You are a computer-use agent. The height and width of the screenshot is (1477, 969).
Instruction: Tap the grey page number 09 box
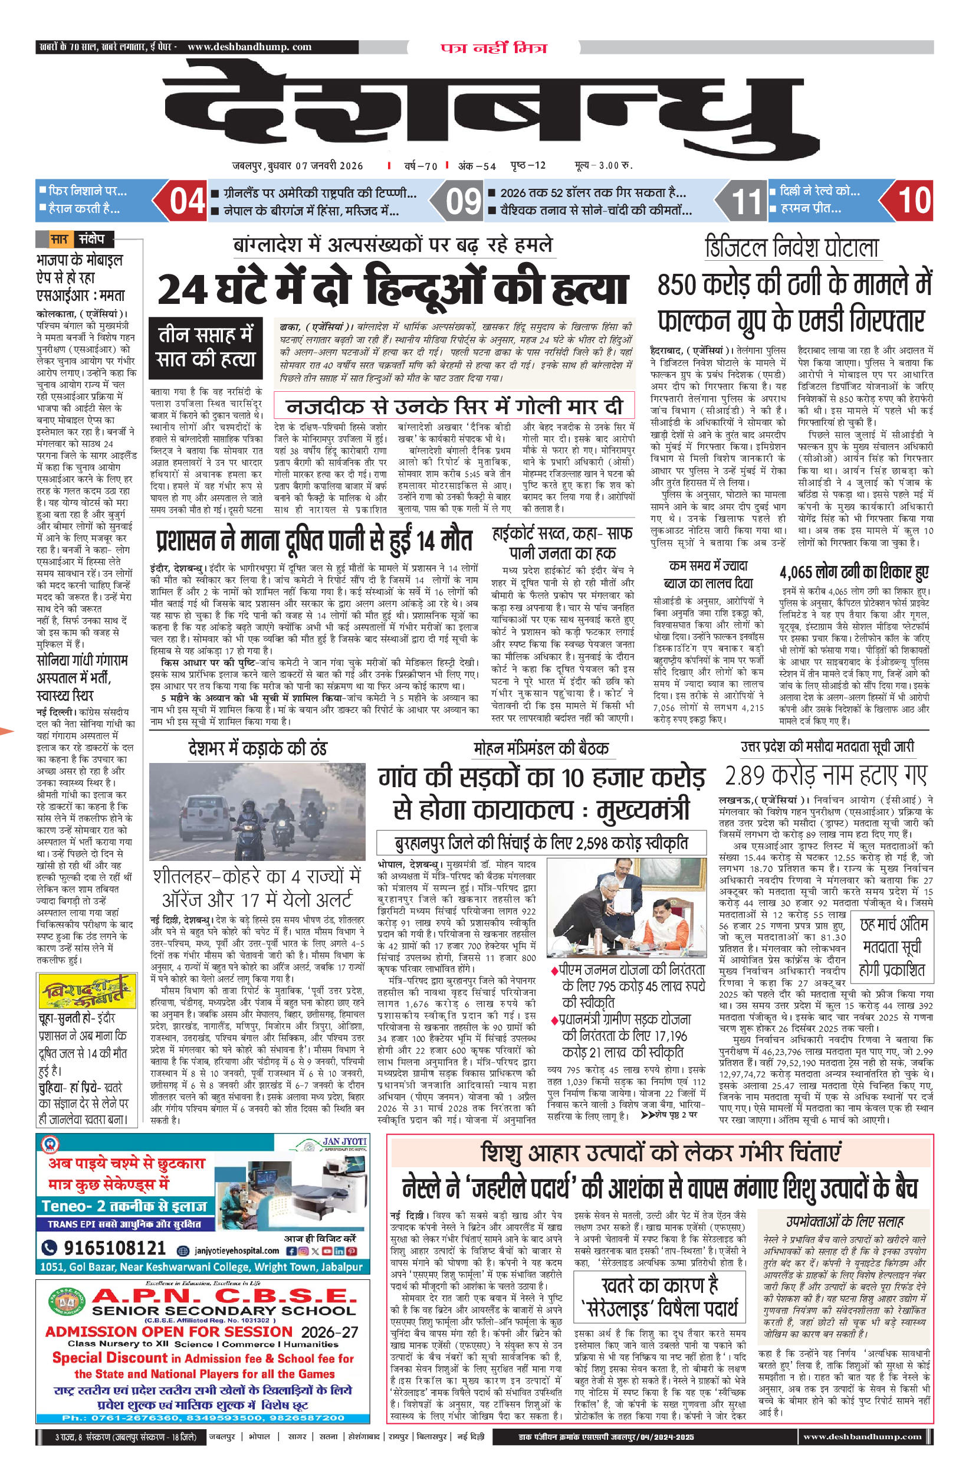(463, 201)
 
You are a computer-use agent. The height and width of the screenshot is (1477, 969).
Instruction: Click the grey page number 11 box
(745, 201)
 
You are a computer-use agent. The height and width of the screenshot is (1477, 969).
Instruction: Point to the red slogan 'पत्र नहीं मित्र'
(494, 48)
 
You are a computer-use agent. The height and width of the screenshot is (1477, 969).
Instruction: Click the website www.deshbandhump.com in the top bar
(249, 47)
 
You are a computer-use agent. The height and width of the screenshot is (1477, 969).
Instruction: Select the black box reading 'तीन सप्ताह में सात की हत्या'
(205, 348)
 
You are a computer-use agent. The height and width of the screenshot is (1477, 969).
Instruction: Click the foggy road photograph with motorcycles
(257, 811)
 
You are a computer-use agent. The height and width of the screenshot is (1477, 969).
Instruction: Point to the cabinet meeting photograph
(626, 908)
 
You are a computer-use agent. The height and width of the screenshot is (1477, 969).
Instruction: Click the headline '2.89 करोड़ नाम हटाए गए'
(826, 775)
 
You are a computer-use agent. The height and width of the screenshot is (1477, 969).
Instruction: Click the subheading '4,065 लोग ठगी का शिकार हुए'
(853, 572)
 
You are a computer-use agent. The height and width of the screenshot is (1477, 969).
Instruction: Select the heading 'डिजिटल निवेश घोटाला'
(791, 248)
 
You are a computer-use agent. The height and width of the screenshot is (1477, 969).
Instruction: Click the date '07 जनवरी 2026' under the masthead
(329, 166)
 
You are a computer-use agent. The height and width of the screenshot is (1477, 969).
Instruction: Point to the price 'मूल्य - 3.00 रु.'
(603, 165)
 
